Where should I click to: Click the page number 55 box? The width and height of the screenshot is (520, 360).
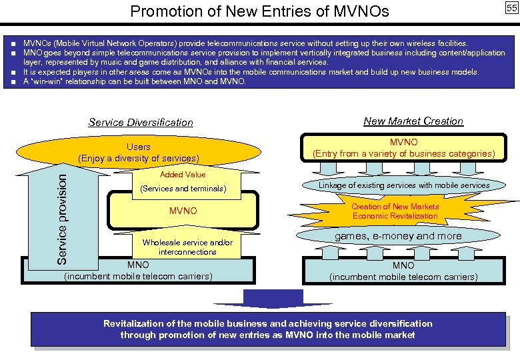[511, 8]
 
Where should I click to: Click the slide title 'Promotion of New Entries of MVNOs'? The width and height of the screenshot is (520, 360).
[259, 11]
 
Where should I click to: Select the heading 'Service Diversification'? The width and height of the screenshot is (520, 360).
[141, 123]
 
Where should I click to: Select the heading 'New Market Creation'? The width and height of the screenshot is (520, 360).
[413, 121]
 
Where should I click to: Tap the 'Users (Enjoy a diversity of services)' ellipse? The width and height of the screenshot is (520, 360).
[139, 153]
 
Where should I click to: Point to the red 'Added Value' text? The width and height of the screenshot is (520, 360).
[183, 175]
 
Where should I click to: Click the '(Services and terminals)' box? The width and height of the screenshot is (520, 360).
[183, 189]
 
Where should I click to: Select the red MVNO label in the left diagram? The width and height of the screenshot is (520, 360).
[183, 211]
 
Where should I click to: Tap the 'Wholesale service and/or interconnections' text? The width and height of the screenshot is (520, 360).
[187, 247]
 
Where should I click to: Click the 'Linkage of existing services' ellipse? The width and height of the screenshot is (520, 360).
[404, 185]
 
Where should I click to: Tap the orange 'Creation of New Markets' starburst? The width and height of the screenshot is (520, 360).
[395, 211]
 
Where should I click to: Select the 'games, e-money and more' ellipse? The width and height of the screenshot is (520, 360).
[398, 236]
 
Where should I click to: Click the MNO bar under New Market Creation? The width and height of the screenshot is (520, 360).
[403, 271]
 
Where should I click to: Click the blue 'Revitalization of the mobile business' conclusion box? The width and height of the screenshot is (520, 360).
[267, 329]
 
